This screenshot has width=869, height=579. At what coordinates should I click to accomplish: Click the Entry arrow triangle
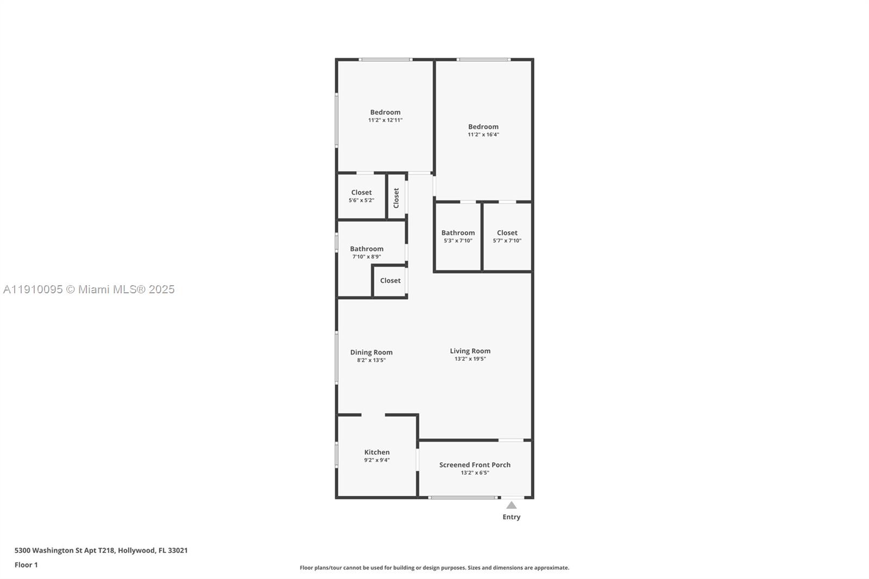tap(512, 506)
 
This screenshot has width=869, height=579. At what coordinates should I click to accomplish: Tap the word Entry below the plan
tap(512, 517)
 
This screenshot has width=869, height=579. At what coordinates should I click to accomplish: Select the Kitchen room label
tap(377, 452)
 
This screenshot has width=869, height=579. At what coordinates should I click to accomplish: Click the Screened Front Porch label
tap(475, 465)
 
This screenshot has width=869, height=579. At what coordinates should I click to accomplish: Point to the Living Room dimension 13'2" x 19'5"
tap(470, 359)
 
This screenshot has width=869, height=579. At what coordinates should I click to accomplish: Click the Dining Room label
tap(371, 352)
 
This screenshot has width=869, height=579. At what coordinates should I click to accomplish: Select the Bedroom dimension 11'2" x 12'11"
tap(385, 120)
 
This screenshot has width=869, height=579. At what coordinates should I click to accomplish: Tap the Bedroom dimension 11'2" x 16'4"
tap(483, 135)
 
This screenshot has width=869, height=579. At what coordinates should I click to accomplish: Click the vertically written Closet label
tap(396, 198)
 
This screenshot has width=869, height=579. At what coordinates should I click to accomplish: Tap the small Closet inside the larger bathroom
tap(390, 281)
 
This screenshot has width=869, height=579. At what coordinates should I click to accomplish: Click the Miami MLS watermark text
tap(89, 289)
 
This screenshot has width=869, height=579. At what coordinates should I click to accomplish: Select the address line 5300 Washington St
tap(101, 550)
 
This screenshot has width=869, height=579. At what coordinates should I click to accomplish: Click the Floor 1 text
tap(26, 565)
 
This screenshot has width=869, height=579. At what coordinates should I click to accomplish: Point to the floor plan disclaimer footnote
tap(434, 568)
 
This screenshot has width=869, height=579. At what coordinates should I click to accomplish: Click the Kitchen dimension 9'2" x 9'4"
tap(377, 460)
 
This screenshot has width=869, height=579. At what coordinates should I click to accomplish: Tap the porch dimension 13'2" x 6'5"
tap(475, 473)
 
